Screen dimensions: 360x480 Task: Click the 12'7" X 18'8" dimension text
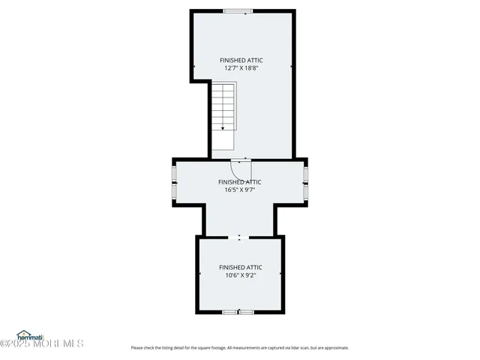click(241, 68)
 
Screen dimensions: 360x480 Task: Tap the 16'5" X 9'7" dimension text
click(241, 190)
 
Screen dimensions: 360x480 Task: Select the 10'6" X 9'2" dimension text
click(241, 275)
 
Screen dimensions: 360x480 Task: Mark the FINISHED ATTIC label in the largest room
click(241, 60)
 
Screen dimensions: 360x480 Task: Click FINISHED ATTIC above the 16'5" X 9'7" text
click(240, 181)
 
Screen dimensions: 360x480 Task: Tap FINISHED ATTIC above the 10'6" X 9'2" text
click(241, 267)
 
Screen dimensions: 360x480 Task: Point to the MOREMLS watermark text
click(64, 343)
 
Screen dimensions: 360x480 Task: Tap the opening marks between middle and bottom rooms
click(239, 238)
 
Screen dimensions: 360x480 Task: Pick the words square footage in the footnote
click(209, 348)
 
